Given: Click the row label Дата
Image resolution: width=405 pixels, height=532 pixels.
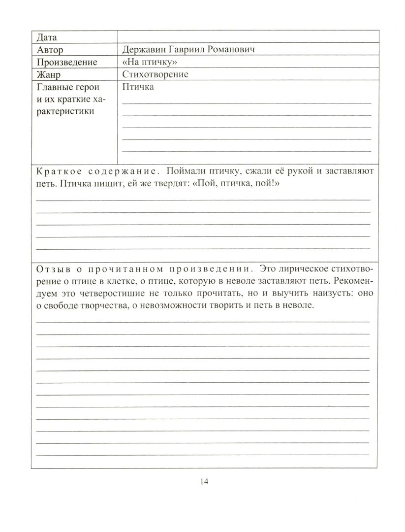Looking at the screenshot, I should [x=47, y=37].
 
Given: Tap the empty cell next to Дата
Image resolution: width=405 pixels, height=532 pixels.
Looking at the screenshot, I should [x=248, y=37].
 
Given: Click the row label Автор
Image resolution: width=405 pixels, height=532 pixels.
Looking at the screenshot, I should [x=50, y=50].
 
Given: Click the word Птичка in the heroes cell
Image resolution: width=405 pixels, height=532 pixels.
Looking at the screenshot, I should [x=137, y=88].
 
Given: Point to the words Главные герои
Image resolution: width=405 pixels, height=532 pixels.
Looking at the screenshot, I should [x=68, y=88].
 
